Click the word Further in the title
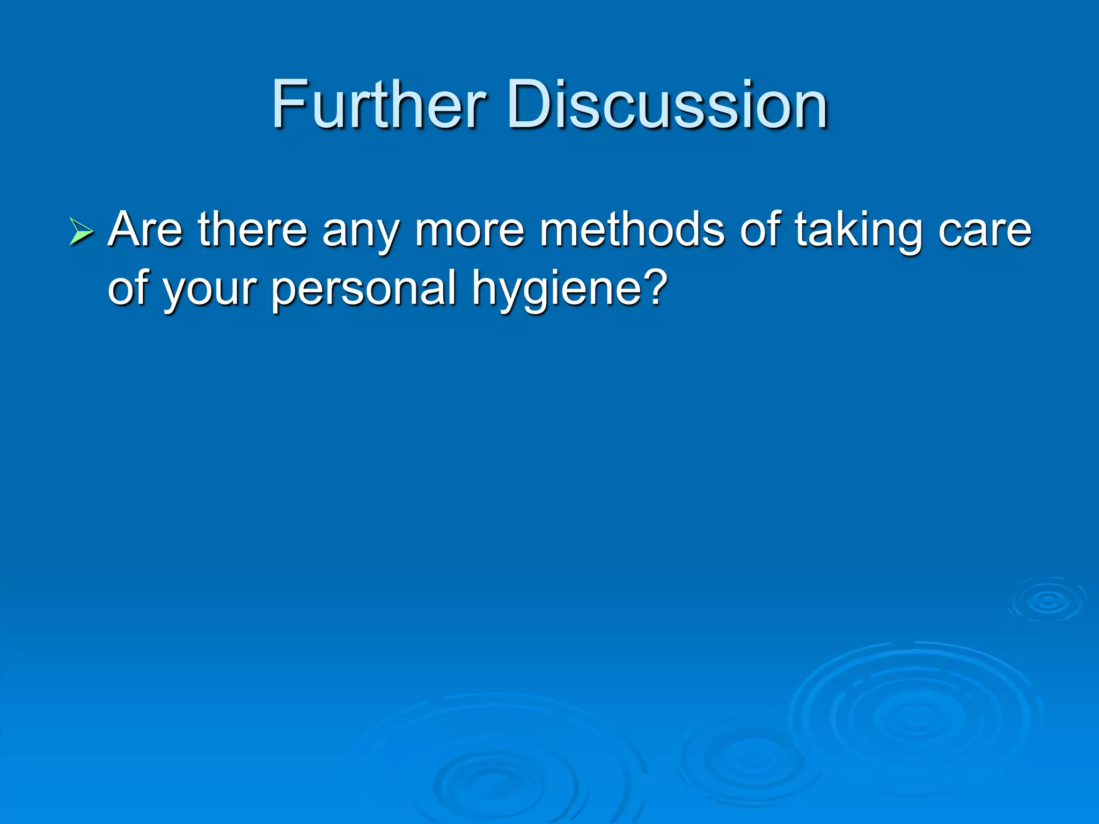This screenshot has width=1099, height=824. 379,105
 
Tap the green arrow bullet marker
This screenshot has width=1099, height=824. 81,232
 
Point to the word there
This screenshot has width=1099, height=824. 252,230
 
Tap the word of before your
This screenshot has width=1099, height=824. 128,288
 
